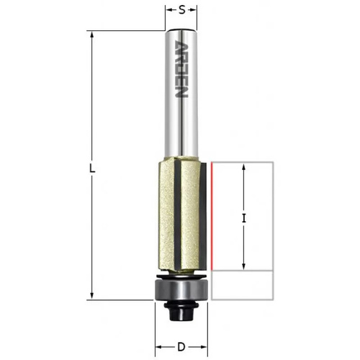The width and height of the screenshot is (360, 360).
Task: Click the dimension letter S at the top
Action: pyautogui.click(x=182, y=10)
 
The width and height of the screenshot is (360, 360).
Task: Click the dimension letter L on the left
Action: pyautogui.click(x=92, y=168)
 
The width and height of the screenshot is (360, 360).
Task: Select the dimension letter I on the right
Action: pyautogui.click(x=244, y=218)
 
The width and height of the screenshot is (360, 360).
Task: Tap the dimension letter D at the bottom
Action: pyautogui.click(x=181, y=347)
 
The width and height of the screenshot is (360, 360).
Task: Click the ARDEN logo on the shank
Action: pyautogui.click(x=181, y=69)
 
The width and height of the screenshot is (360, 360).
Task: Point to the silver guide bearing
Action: pyautogui.click(x=181, y=289)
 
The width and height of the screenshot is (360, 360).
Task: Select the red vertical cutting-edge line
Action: pyautogui.click(x=212, y=216)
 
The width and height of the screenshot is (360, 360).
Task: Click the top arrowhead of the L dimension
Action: pyautogui.click(x=91, y=35)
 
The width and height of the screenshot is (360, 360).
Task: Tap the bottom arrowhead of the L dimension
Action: pyautogui.click(x=91, y=296)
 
